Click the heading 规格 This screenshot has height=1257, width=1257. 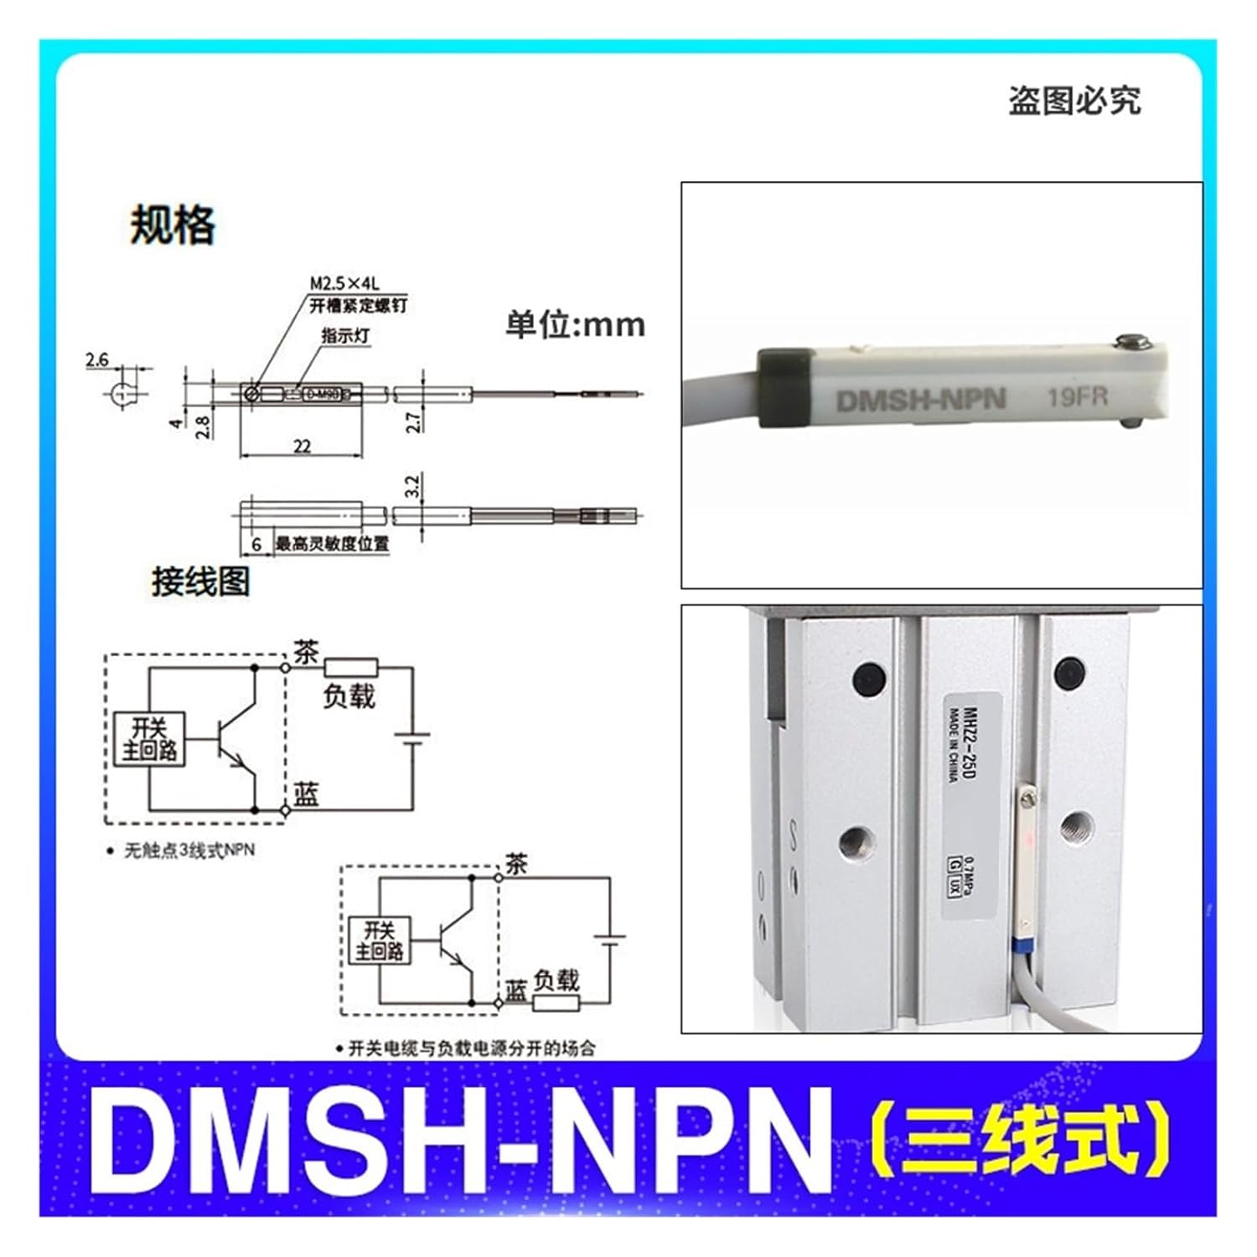click(x=173, y=225)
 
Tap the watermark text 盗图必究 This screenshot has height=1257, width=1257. click(x=1073, y=101)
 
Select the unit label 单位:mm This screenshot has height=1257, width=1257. click(x=575, y=324)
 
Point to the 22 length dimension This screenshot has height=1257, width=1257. click(x=302, y=446)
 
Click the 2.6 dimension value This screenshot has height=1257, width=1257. click(x=97, y=360)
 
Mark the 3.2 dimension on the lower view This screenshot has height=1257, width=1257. click(x=411, y=486)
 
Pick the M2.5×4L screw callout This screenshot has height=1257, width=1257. click(x=344, y=284)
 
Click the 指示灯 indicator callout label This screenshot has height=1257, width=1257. click(x=345, y=335)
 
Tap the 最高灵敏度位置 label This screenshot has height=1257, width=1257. click(x=332, y=544)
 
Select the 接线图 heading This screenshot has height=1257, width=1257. click(x=200, y=581)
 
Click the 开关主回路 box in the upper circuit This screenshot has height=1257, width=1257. click(x=149, y=738)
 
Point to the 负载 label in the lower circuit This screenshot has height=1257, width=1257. click(x=556, y=980)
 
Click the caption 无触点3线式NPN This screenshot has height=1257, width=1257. click(x=189, y=850)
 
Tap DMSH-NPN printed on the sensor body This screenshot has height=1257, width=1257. click(x=920, y=399)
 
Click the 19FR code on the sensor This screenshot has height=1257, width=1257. click(x=1077, y=396)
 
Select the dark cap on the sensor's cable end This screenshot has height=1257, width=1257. click(x=784, y=388)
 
